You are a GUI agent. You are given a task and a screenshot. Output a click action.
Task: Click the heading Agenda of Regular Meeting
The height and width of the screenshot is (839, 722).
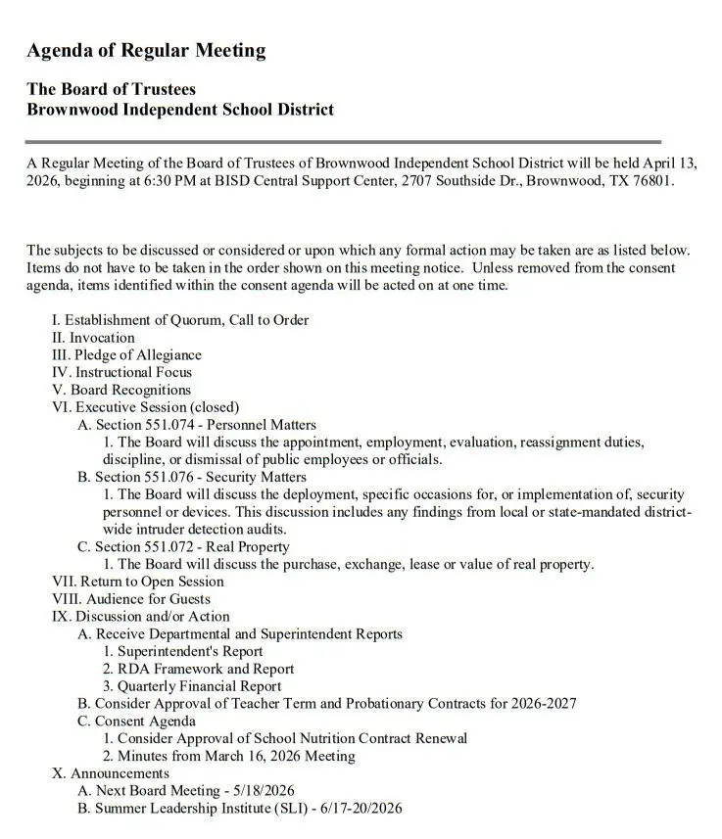(x=146, y=51)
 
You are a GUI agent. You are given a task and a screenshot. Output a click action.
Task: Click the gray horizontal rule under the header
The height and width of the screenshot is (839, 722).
(x=343, y=141)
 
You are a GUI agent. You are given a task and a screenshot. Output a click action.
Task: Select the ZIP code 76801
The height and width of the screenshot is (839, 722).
(x=652, y=181)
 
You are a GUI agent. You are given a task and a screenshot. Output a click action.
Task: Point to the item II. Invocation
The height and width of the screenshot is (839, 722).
(x=93, y=338)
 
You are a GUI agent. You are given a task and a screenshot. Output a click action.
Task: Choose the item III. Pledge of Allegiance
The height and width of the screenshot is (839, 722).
(x=126, y=355)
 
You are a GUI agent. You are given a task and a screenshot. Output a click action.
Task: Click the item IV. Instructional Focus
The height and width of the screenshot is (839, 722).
(x=121, y=372)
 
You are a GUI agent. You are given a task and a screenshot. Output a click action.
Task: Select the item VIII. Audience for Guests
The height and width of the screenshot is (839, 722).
(x=130, y=599)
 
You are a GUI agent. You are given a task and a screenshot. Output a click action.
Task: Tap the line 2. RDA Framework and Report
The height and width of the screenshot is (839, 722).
(x=199, y=669)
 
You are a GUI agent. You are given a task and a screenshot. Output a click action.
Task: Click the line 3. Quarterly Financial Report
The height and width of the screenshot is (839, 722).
(x=192, y=686)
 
